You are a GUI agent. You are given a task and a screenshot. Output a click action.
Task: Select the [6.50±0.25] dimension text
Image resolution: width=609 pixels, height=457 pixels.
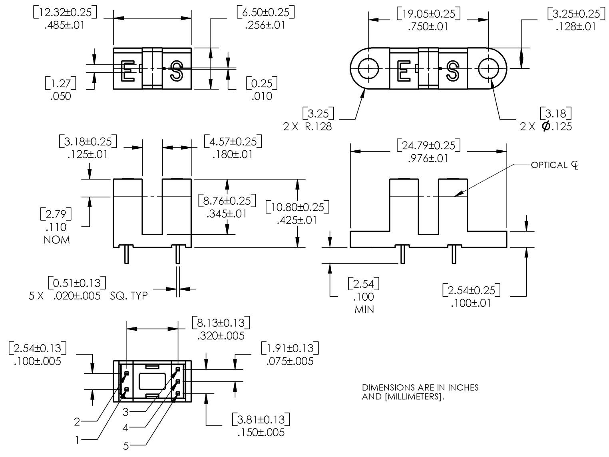265,12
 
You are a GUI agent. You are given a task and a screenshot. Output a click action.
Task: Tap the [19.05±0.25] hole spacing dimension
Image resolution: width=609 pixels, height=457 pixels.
428,14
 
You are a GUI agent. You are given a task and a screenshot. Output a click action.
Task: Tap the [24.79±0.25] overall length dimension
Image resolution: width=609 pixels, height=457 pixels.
428,146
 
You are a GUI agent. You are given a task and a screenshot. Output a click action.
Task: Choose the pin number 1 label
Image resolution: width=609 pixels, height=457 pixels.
78,440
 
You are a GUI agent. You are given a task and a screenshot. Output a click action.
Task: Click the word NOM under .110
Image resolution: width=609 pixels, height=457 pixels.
57,240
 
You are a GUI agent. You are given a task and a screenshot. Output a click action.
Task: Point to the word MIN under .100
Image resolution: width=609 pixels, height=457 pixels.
364,309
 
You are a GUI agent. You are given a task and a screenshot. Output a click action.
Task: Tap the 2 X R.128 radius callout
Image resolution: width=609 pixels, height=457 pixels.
307,127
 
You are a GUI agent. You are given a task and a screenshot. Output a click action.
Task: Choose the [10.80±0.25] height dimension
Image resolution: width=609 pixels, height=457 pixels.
297,207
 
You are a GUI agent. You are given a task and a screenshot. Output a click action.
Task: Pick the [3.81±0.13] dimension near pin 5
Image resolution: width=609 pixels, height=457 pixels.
261,420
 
